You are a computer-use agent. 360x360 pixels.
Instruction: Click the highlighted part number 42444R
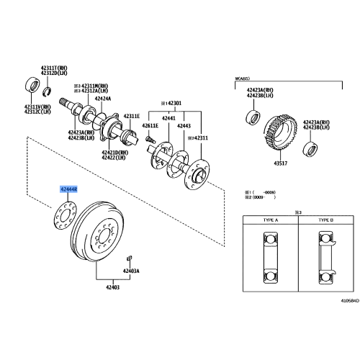point(70,188)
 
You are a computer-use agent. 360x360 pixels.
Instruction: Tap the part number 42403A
point(130,271)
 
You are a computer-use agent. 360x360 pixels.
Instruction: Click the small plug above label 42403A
point(128,257)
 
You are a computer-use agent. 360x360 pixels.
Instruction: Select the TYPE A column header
point(269,220)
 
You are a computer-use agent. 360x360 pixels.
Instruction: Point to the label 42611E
point(149,126)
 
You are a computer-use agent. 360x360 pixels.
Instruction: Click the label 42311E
point(130,116)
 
